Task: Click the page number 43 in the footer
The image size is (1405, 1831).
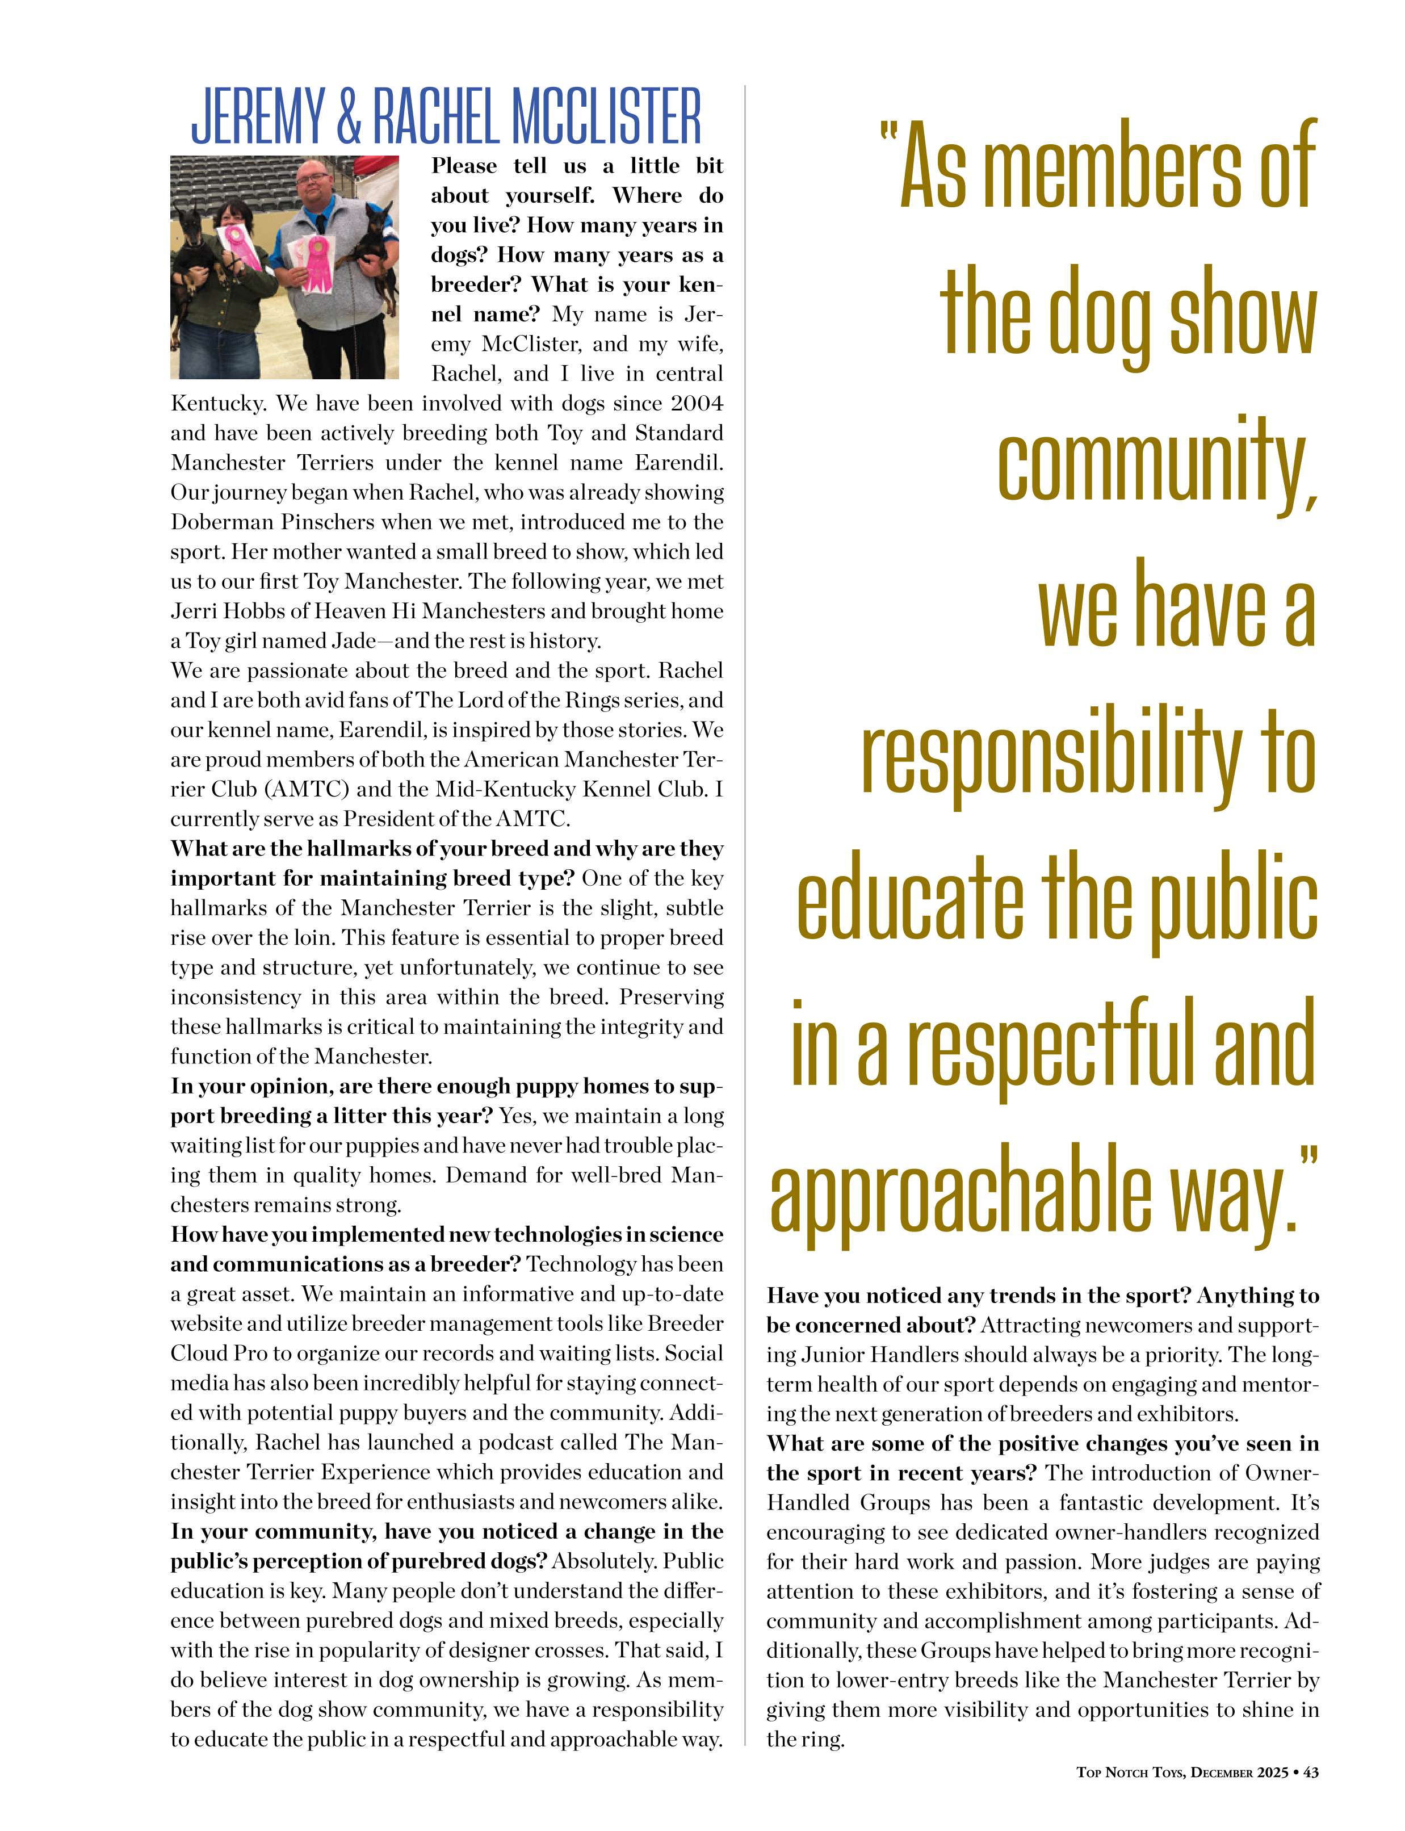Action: click(x=1311, y=1771)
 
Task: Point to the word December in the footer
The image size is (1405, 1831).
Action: click(x=1222, y=1771)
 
